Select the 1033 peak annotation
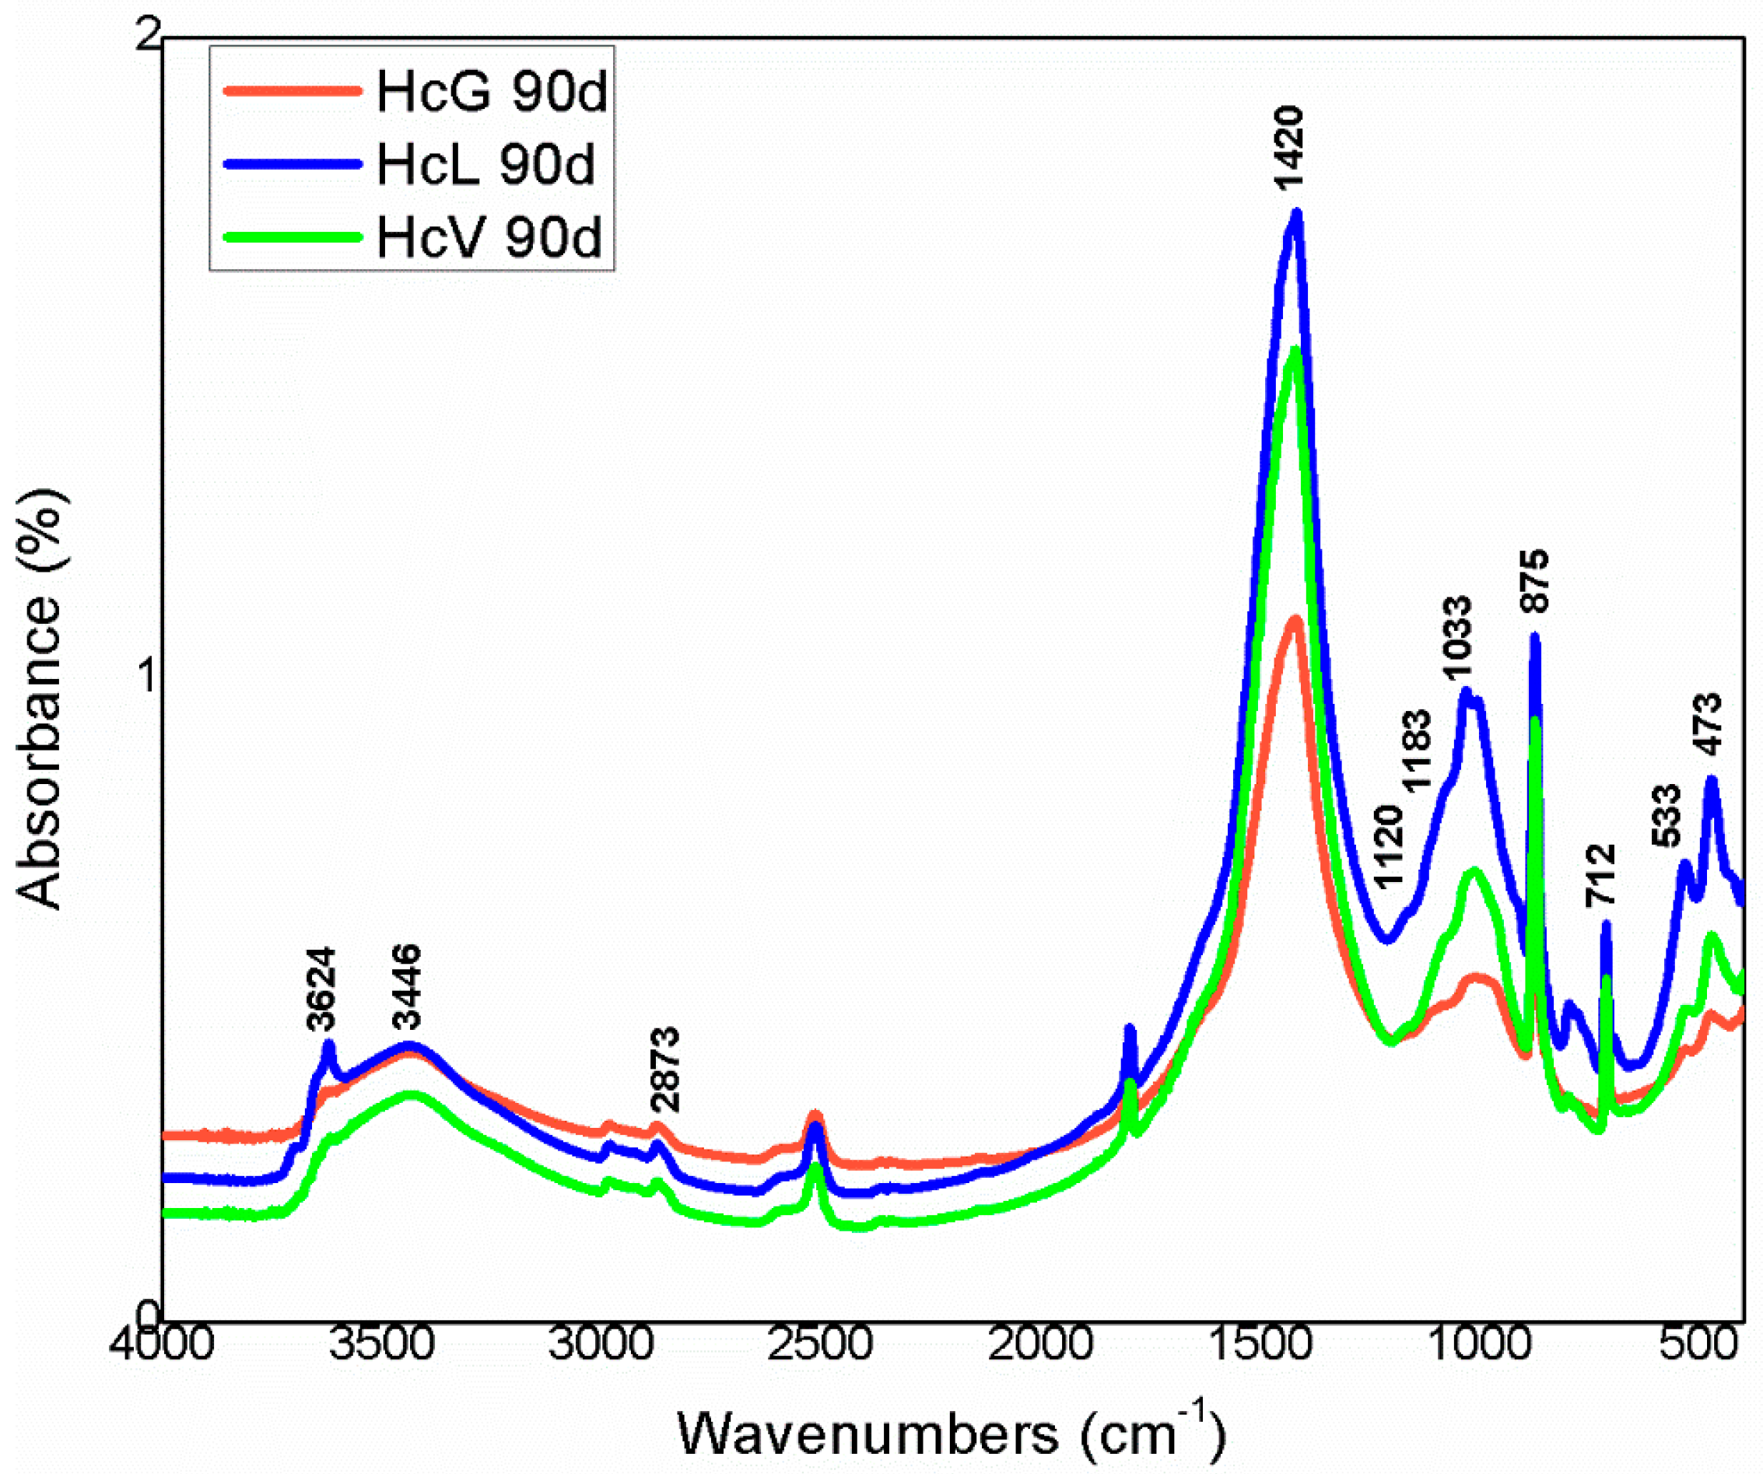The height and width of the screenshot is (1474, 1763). pyautogui.click(x=1456, y=639)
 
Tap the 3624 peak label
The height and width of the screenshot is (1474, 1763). pyautogui.click(x=321, y=988)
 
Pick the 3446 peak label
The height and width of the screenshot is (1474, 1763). pyautogui.click(x=407, y=986)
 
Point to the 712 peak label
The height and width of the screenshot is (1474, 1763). pyautogui.click(x=1600, y=876)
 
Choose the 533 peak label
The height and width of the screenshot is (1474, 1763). pyautogui.click(x=1667, y=815)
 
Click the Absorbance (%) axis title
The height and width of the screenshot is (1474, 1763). pyautogui.click(x=40, y=701)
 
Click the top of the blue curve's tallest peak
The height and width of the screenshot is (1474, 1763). pyautogui.click(x=1296, y=213)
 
